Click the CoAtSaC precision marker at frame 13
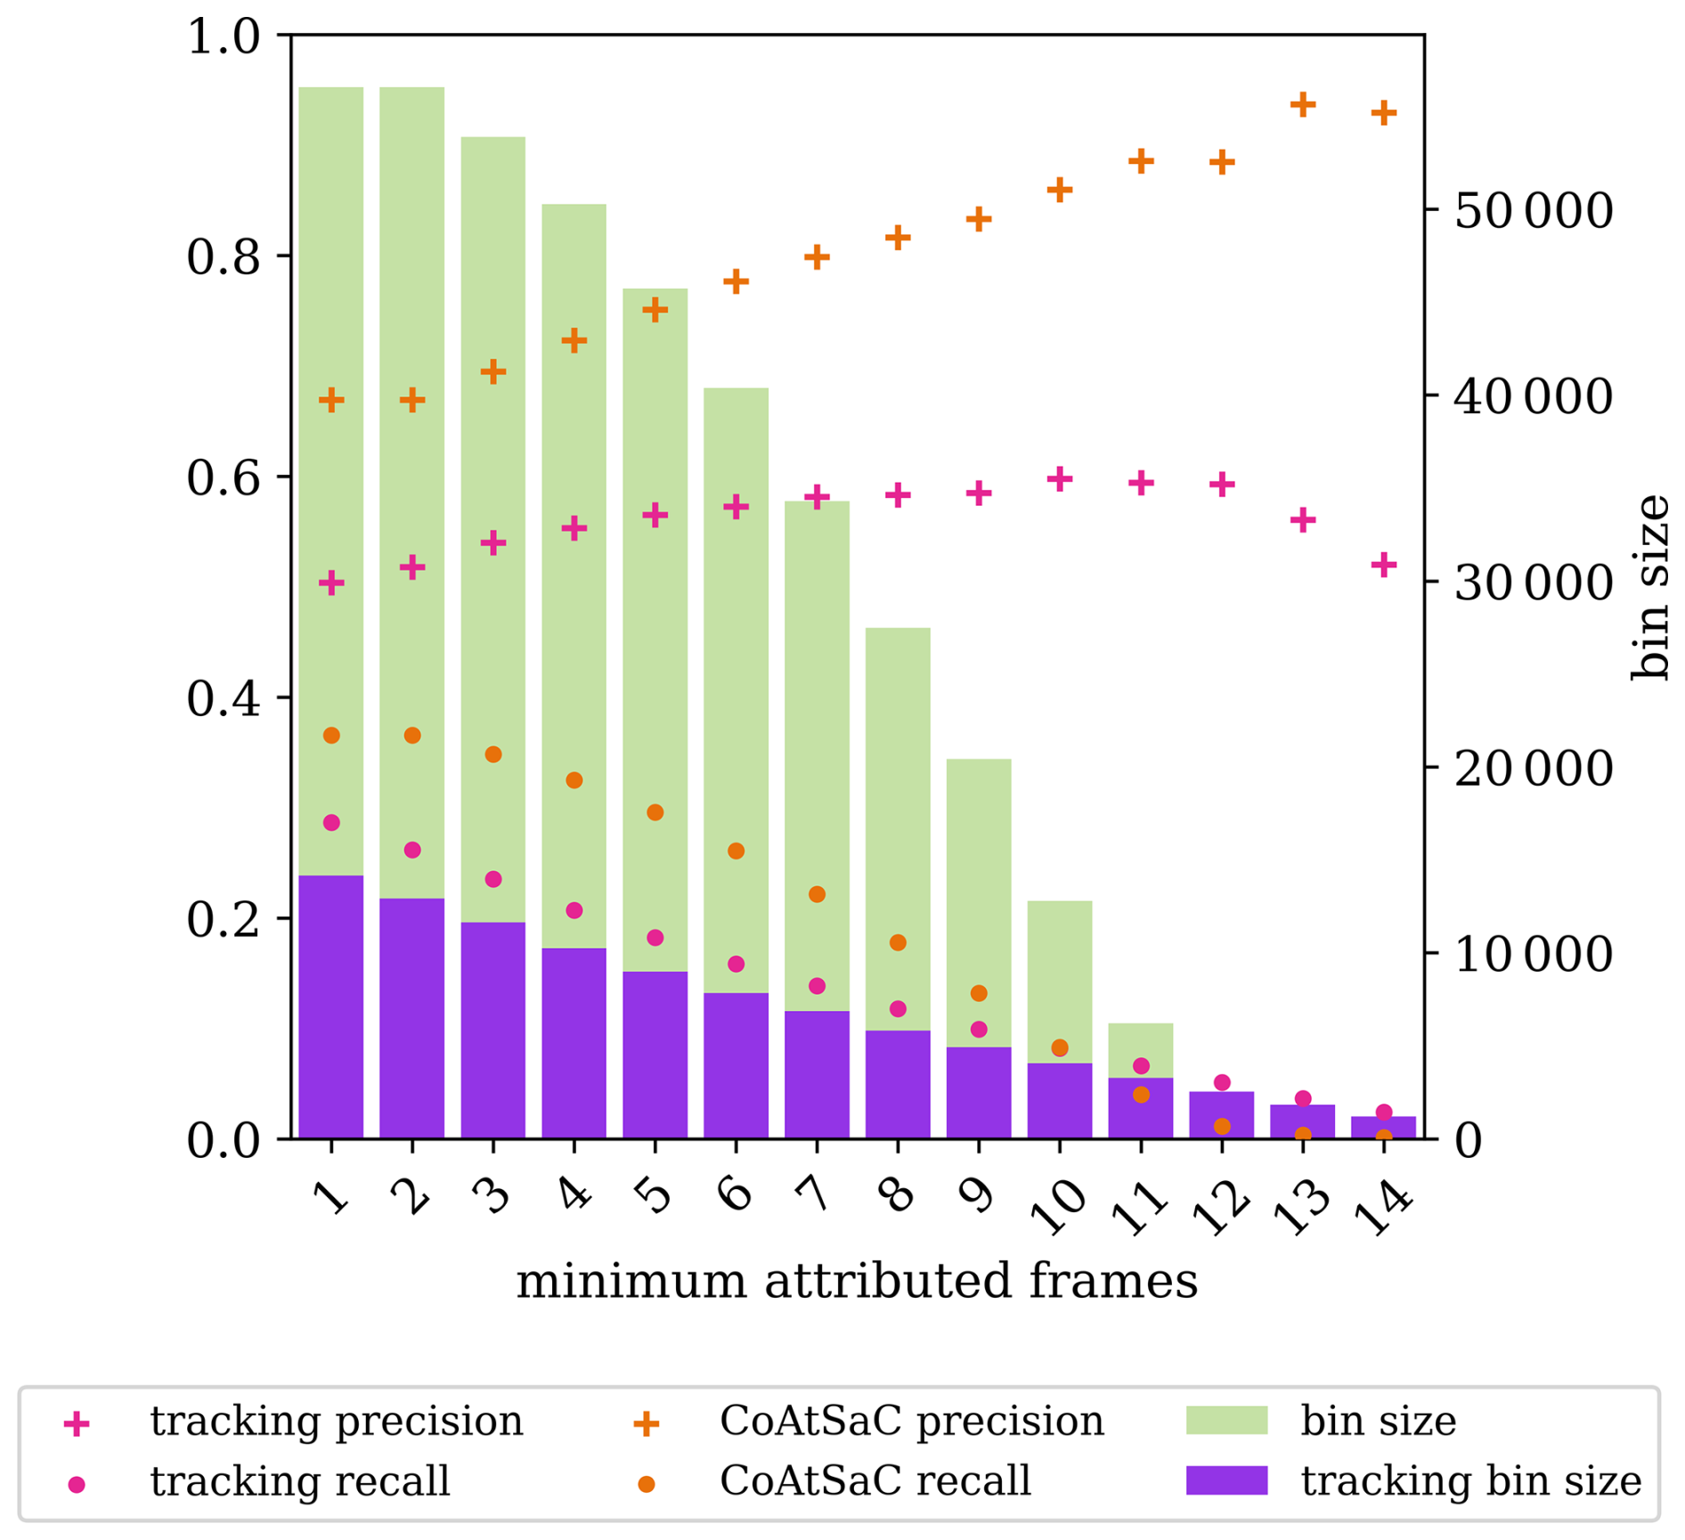click(x=1303, y=105)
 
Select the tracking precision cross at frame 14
click(x=1384, y=565)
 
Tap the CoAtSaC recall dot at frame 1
click(x=331, y=735)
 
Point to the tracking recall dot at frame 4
click(x=574, y=910)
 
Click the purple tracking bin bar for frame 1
click(x=331, y=1006)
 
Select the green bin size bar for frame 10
click(x=1060, y=980)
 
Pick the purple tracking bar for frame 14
click(x=1384, y=1128)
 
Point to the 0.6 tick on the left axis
click(x=223, y=477)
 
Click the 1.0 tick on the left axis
click(x=223, y=37)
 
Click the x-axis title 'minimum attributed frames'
click(x=857, y=1282)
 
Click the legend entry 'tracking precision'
click(x=336, y=1422)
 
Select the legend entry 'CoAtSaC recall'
click(x=875, y=1481)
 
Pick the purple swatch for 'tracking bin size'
click(x=1226, y=1480)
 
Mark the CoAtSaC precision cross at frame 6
click(x=736, y=282)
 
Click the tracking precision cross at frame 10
click(x=1060, y=480)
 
